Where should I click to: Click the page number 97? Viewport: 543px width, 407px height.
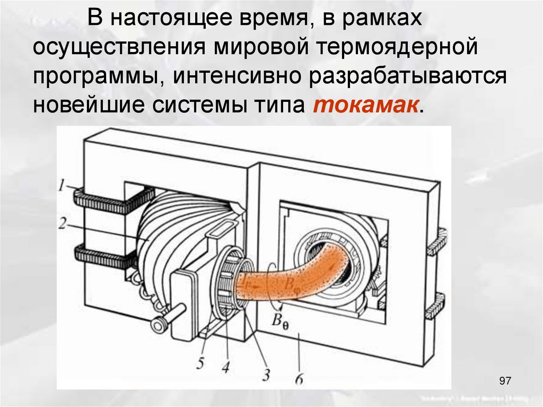coord(505,381)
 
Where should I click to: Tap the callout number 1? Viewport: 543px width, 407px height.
coord(62,186)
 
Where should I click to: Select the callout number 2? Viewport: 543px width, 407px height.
coord(62,223)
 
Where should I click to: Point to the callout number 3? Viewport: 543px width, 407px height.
coord(266,375)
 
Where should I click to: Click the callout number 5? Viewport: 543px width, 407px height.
coord(199,363)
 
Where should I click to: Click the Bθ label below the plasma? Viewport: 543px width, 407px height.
coord(282,321)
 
